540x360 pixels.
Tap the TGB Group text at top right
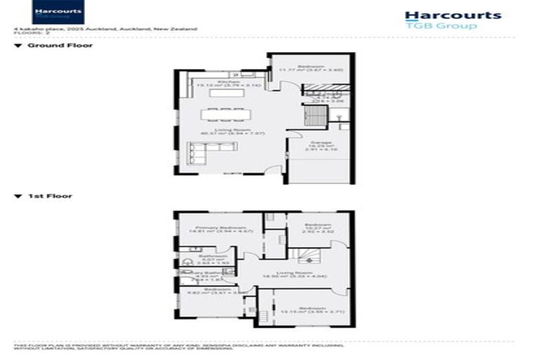[x=441, y=26]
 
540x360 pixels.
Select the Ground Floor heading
[x=60, y=46]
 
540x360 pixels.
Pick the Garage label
[x=321, y=143]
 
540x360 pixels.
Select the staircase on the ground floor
[x=314, y=114]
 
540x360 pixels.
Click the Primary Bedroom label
[x=221, y=229]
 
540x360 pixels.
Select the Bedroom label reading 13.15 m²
[x=311, y=309]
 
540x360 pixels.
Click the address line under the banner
[x=105, y=29]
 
